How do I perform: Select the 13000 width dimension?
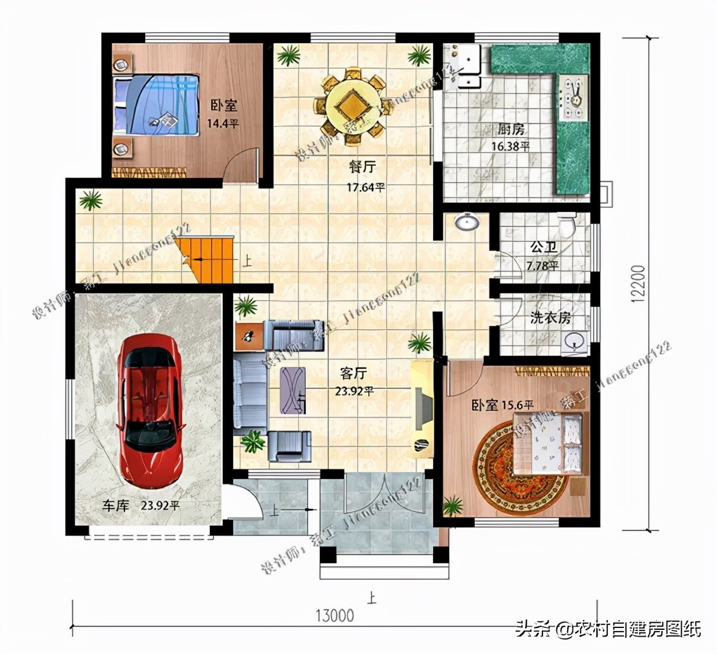[334, 615]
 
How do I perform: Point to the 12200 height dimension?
[637, 283]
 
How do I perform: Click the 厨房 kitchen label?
[511, 129]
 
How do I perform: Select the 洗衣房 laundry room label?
[550, 317]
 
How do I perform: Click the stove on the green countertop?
[573, 95]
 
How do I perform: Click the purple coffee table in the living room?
[293, 390]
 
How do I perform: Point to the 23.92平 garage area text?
[160, 506]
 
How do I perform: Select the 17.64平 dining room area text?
[365, 187]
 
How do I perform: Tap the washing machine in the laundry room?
[574, 341]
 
